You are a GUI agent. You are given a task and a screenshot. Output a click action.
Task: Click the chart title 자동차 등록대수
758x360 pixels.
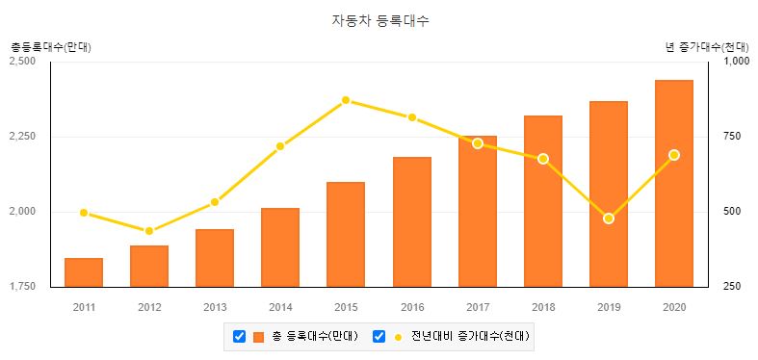(379, 20)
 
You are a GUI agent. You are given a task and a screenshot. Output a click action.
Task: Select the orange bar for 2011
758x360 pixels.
(84, 272)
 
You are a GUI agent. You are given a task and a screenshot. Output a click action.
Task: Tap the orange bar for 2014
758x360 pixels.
(280, 247)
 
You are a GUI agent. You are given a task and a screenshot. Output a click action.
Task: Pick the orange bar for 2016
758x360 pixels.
(411, 221)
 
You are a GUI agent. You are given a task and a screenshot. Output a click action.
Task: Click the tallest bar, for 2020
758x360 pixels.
(673, 183)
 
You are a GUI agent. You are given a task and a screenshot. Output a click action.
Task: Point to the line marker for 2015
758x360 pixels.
(346, 100)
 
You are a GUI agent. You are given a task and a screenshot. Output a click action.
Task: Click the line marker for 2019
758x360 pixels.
(608, 219)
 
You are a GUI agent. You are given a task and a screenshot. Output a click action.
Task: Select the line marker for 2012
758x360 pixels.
(149, 231)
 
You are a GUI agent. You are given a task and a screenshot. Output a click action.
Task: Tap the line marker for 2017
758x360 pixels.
(477, 143)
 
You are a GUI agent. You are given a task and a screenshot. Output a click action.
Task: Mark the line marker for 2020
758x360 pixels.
(673, 155)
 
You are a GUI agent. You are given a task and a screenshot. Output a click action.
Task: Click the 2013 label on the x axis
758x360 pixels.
(215, 307)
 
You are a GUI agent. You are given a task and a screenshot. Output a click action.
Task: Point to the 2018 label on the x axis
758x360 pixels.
(542, 307)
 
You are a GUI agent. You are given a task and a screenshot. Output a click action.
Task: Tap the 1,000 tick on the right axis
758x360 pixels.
(736, 62)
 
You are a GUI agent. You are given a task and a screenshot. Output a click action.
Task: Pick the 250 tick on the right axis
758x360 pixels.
(732, 287)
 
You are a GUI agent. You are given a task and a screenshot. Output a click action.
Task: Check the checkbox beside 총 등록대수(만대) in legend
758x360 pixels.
(240, 336)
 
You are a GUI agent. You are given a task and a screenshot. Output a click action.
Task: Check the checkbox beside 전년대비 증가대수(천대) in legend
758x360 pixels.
(379, 336)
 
